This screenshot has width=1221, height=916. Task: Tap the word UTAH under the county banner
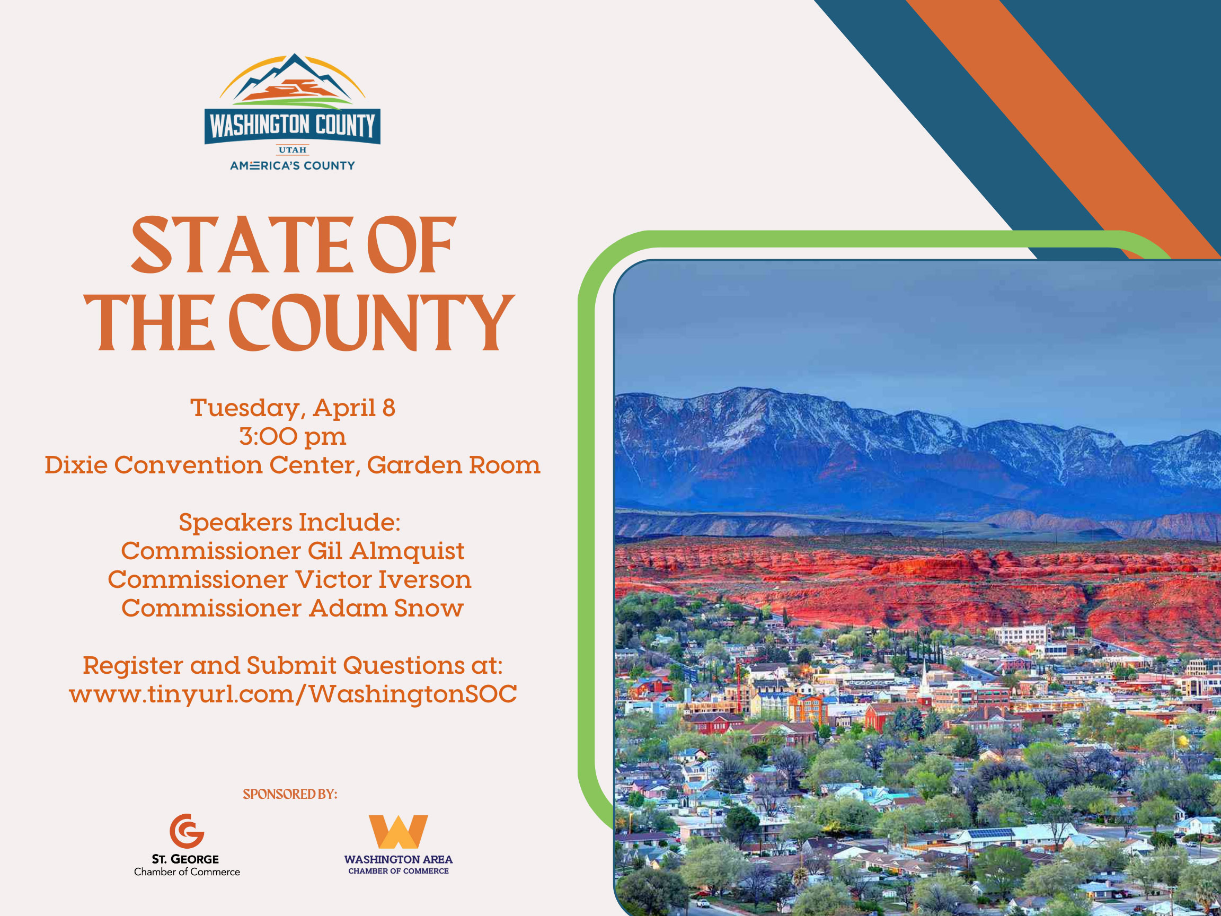(x=292, y=149)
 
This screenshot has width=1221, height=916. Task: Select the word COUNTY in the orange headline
(x=371, y=323)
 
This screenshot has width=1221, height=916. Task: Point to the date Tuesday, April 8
(x=293, y=408)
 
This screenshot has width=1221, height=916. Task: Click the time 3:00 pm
(x=293, y=437)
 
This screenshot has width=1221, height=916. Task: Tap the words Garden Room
(x=453, y=465)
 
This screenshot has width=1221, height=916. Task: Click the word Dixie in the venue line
(x=76, y=465)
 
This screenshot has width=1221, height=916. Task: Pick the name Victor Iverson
(x=383, y=580)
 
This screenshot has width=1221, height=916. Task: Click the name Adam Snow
(x=386, y=609)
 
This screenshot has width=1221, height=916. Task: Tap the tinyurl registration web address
(x=293, y=694)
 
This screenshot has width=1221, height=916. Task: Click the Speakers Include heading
(x=289, y=522)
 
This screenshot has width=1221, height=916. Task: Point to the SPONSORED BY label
(x=290, y=794)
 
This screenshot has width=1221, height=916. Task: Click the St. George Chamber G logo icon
(x=187, y=831)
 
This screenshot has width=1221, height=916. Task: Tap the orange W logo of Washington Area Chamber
(x=398, y=832)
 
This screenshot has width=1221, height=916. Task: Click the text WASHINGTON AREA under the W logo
(x=398, y=859)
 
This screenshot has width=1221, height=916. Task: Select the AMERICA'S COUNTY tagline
(x=292, y=165)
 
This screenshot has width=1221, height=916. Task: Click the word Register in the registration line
(x=132, y=665)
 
